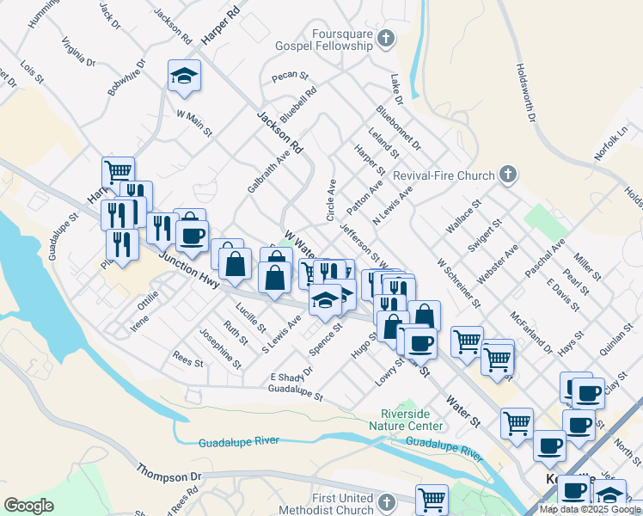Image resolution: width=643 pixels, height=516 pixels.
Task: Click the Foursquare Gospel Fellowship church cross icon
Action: coord(386,38)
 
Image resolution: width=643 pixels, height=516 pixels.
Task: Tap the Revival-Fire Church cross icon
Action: coord(507,175)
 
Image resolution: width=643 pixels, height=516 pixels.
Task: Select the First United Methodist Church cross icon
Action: coord(386,501)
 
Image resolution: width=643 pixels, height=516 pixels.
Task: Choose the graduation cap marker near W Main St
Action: coord(184,77)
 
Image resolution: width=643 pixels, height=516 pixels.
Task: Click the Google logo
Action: coord(28,506)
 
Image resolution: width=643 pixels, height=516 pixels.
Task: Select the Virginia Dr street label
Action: coord(77,52)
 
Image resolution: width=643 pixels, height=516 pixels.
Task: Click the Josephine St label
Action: coord(218,344)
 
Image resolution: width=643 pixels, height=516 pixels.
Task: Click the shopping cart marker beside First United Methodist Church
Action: coord(432,499)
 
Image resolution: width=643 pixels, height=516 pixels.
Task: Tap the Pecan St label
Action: coord(284,77)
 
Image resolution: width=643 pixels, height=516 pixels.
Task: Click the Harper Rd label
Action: coord(219,28)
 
